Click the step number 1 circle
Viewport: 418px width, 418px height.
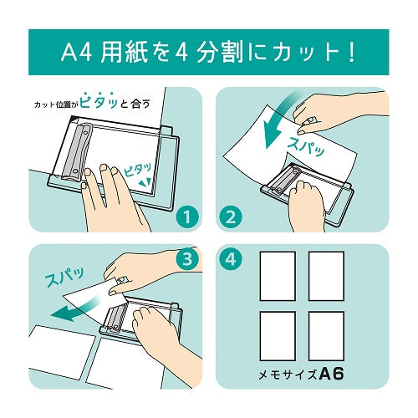click(187, 218)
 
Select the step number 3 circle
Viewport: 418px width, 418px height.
click(187, 257)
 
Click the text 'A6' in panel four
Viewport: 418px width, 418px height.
click(333, 372)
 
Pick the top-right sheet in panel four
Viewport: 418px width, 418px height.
click(326, 276)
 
